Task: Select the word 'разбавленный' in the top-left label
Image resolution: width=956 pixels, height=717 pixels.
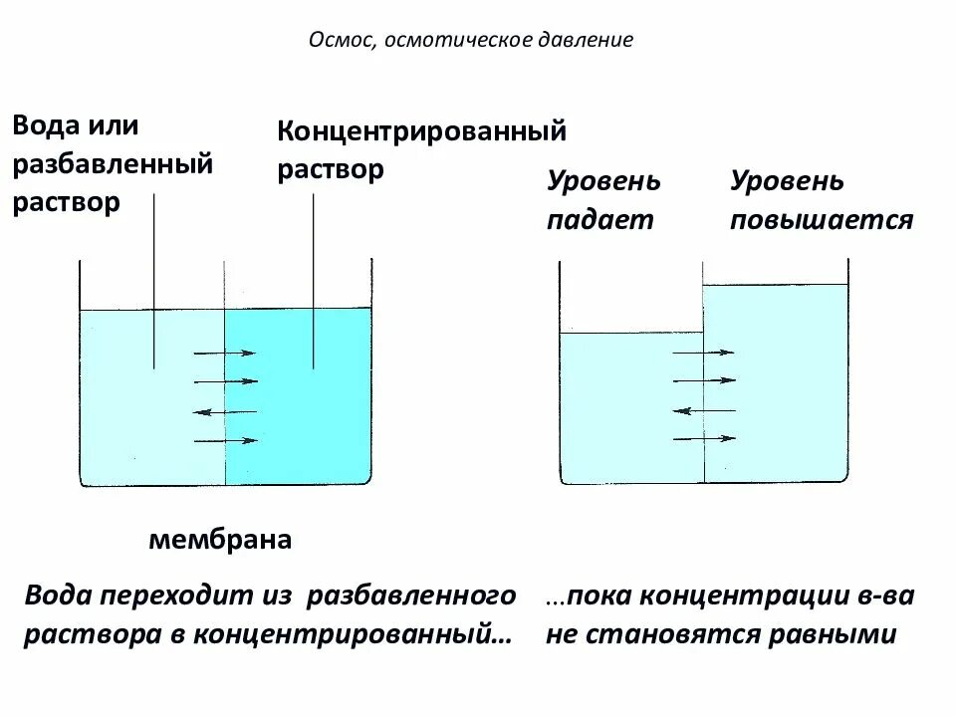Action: pyautogui.click(x=113, y=163)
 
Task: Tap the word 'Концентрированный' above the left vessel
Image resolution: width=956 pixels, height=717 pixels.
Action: pyautogui.click(x=421, y=131)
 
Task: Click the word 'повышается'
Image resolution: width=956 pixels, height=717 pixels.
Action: pyautogui.click(x=822, y=220)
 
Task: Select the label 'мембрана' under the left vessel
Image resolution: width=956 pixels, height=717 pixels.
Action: pyautogui.click(x=220, y=541)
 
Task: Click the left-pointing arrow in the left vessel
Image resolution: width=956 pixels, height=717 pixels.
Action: pyautogui.click(x=224, y=411)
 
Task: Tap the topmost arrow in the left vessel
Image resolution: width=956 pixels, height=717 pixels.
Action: pyautogui.click(x=224, y=352)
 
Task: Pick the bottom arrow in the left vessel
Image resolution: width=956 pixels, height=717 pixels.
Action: pyautogui.click(x=224, y=440)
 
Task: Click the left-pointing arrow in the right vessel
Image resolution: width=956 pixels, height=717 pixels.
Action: pyautogui.click(x=704, y=409)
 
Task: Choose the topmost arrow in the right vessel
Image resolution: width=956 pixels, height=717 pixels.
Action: pyautogui.click(x=704, y=352)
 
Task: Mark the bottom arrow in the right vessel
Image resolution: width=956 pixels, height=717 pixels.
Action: pyautogui.click(x=704, y=438)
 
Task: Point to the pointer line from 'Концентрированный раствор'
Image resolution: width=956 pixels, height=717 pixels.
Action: pyautogui.click(x=315, y=279)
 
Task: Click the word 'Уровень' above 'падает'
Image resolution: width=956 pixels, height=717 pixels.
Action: pyautogui.click(x=603, y=182)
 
